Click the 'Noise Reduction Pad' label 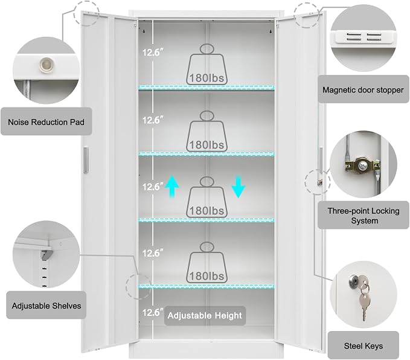(46, 122)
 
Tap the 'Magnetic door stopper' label (363, 90)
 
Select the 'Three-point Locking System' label (364, 216)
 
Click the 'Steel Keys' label (363, 346)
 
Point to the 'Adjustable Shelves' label (46, 306)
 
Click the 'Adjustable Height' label (205, 315)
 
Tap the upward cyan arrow (172, 187)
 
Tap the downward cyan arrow (238, 187)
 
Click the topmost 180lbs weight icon (207, 65)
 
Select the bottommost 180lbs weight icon (207, 262)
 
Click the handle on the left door (86, 160)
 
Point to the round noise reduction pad (46, 65)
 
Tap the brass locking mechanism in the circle (362, 166)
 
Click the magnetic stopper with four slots (362, 37)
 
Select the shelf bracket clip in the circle (46, 254)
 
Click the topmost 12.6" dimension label (153, 53)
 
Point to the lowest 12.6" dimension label (153, 312)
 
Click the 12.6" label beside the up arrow (153, 187)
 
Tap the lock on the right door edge (319, 182)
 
